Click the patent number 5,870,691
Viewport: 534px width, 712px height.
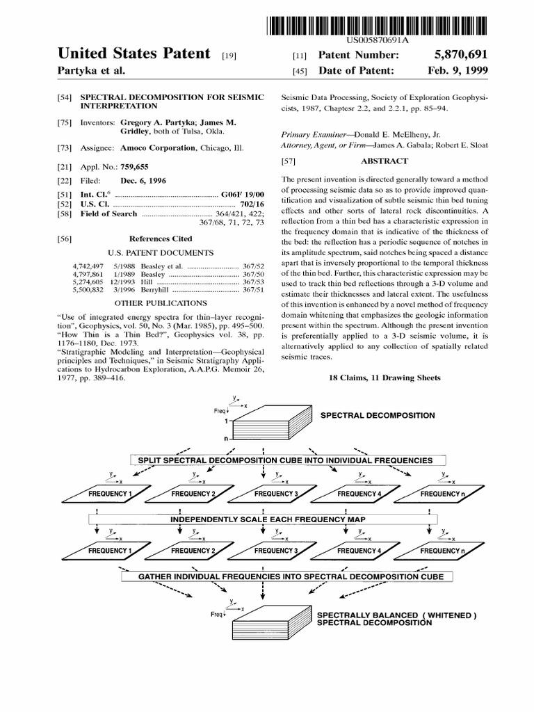pyautogui.click(x=458, y=55)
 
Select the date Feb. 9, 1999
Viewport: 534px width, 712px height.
pyautogui.click(x=458, y=71)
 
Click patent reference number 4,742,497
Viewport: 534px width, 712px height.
pyautogui.click(x=88, y=266)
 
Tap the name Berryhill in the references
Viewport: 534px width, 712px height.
pyautogui.click(x=155, y=289)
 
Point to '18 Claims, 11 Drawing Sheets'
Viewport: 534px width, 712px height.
pyautogui.click(x=384, y=378)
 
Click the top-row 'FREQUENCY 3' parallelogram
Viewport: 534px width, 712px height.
pyautogui.click(x=275, y=494)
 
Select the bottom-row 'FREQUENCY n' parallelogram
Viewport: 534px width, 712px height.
pyautogui.click(x=442, y=551)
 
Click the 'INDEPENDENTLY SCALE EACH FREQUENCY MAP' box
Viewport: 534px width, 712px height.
pyautogui.click(x=264, y=519)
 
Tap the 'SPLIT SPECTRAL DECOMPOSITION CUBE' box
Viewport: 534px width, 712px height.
pyautogui.click(x=285, y=460)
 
